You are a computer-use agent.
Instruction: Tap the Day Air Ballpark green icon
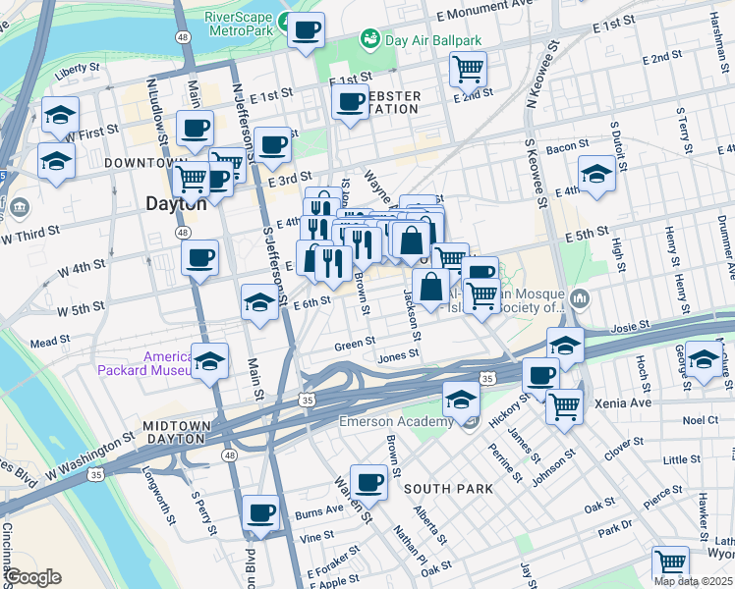[x=370, y=39]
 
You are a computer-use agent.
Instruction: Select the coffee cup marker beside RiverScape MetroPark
[x=307, y=30]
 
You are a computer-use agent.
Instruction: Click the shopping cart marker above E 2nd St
[x=469, y=68]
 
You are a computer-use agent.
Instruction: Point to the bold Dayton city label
[x=176, y=204]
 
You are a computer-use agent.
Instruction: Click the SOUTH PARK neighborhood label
[x=439, y=488]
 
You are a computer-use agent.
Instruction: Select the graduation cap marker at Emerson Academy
[x=461, y=399]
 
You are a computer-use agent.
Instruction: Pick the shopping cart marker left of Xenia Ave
[x=564, y=405]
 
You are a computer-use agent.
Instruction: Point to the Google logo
[x=32, y=577]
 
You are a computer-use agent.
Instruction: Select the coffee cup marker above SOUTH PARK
[x=368, y=482]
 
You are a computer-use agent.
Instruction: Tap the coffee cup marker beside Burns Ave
[x=261, y=512]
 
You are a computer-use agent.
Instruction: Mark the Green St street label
[x=355, y=344]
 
